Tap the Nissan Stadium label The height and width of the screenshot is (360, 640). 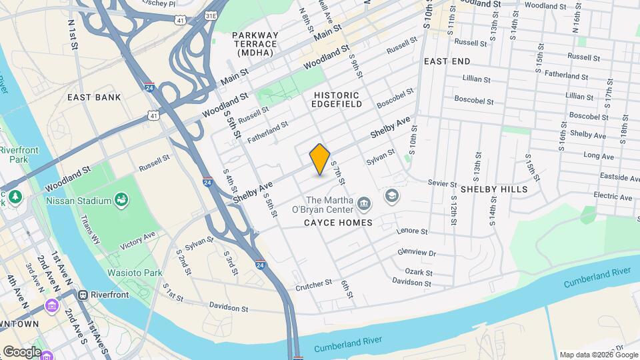tap(79, 201)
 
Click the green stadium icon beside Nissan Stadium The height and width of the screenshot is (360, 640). tap(121, 199)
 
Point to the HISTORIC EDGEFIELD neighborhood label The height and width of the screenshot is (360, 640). tap(337, 99)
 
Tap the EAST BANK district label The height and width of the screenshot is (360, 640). tap(95, 97)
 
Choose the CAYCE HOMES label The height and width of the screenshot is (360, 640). tap(338, 223)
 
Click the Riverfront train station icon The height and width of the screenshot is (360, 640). tap(83, 295)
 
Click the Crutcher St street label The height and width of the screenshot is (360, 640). tap(313, 284)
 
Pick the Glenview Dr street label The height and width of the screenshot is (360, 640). tap(417, 253)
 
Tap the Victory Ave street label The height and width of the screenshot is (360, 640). tap(137, 241)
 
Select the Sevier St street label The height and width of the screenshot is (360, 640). tap(442, 183)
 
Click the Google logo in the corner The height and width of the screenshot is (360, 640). tap(22, 351)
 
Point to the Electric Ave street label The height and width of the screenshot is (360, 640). tap(613, 197)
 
